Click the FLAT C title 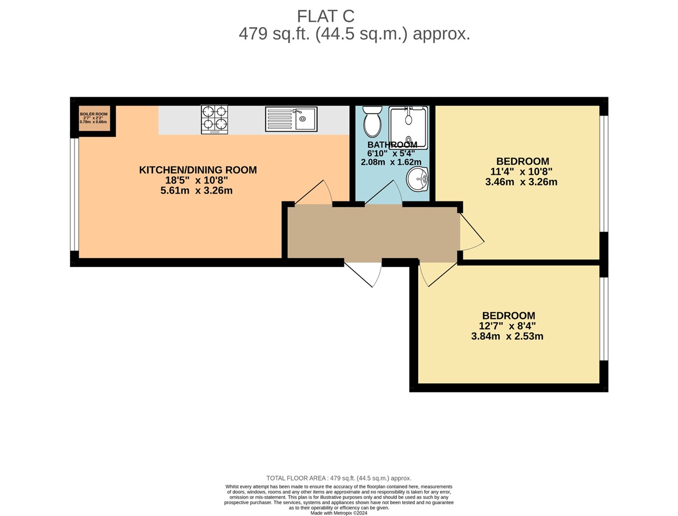click(x=326, y=16)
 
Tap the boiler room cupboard click(x=94, y=118)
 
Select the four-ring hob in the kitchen click(x=214, y=119)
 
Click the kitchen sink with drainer click(x=291, y=119)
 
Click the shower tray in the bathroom click(x=408, y=127)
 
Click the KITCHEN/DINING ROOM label click(x=197, y=170)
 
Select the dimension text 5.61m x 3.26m click(x=196, y=191)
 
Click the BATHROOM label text click(x=392, y=145)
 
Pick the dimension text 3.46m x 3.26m click(x=521, y=182)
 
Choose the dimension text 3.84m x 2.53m click(x=507, y=336)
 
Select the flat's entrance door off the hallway click(x=363, y=273)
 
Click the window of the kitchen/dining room click(x=75, y=194)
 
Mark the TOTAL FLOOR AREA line click(x=338, y=478)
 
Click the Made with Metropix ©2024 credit click(x=338, y=513)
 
